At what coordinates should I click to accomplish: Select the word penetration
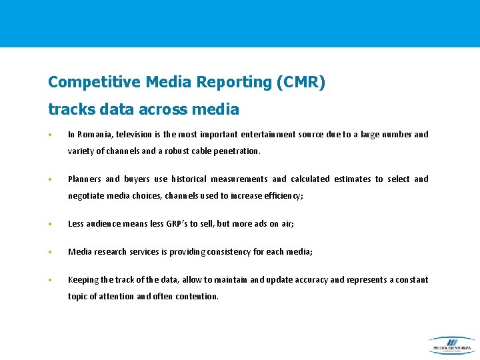pos(236,151)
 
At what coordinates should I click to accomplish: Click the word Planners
pos(85,179)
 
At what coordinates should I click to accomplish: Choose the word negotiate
pos(85,196)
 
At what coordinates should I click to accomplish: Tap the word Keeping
pos(83,280)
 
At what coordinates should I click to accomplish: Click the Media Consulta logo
pos(451,345)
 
